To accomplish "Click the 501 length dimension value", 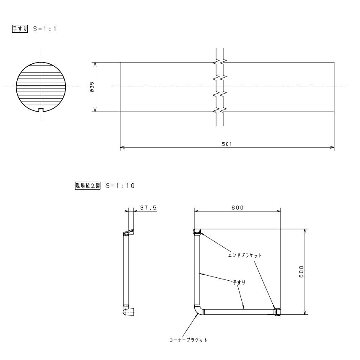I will pos(227,143).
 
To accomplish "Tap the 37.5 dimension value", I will pos(148,207).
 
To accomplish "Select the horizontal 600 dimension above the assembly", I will pos(237,207).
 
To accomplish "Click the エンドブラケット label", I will pos(245,255).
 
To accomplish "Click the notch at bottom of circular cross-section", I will pos(41,110).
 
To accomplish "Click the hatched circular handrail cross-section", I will pos(41,87).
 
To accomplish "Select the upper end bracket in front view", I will pos(197,231).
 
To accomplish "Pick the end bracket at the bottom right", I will pos(277,311).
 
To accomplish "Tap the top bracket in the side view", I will pos(129,232).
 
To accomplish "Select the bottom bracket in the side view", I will pos(129,310).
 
